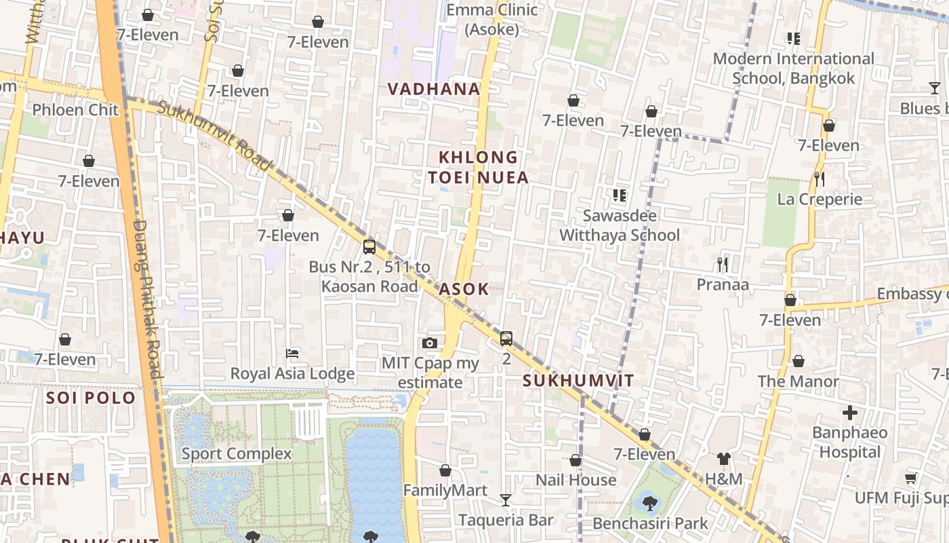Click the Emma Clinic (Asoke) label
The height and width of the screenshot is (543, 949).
tap(492, 20)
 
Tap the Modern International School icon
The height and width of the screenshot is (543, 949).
tap(793, 38)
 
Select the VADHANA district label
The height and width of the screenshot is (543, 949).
tap(434, 89)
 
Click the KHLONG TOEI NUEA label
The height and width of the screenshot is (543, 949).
tap(478, 168)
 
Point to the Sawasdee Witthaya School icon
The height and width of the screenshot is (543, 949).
tap(619, 195)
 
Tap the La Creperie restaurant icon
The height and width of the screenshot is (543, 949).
tap(820, 179)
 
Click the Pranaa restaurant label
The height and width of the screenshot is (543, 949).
tap(723, 284)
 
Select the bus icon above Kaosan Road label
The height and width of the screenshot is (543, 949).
tap(369, 246)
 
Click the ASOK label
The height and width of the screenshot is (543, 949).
tap(464, 289)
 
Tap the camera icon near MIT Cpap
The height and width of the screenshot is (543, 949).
tap(429, 343)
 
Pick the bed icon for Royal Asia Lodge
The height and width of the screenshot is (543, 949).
tap(292, 353)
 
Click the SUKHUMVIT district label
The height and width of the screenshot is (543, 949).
tap(578, 381)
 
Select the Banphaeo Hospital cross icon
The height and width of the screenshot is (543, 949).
tap(849, 412)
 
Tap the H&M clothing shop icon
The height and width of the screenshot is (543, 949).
tap(723, 459)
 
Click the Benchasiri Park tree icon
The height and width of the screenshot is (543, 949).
tap(649, 503)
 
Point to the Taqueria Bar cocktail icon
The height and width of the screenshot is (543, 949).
tap(506, 500)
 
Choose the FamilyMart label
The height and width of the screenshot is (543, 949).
tap(445, 490)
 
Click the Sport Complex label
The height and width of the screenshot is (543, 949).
tap(237, 453)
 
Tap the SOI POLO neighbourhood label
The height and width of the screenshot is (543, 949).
tap(91, 398)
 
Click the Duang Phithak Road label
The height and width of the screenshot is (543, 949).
tap(147, 299)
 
